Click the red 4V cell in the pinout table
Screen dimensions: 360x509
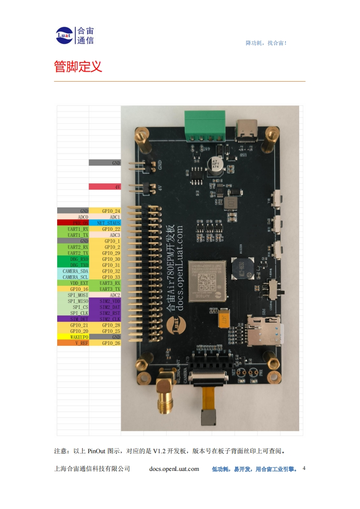tap(105, 186)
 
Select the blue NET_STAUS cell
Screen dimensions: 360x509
tap(105, 223)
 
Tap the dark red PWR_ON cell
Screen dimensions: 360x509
tap(73, 223)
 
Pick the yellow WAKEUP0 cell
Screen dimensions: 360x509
tap(73, 337)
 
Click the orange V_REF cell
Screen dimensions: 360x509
tap(73, 343)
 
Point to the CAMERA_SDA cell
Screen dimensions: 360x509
tap(73, 271)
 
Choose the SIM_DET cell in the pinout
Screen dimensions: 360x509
tap(73, 319)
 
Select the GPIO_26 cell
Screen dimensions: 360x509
tap(105, 343)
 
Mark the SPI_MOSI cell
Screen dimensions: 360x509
tap(73, 295)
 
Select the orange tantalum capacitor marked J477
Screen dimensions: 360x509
tap(223, 318)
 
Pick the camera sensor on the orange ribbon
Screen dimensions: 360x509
tap(210, 418)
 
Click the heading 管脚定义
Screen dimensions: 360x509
tap(78, 67)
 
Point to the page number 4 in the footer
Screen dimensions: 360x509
tap(304, 468)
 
